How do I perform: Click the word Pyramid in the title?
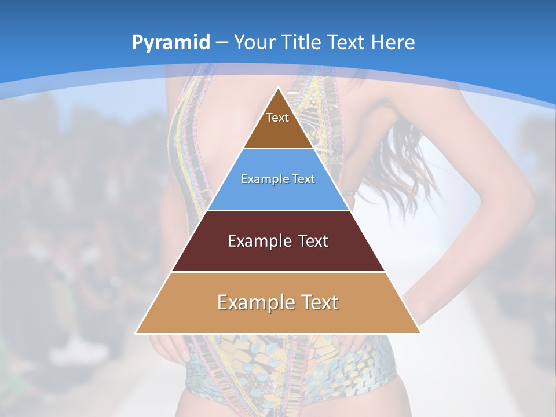171,43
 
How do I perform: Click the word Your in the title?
254,43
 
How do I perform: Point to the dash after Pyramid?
222,43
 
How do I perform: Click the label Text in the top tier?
277,118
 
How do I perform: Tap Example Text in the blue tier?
278,179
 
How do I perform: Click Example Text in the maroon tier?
278,241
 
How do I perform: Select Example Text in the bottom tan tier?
278,302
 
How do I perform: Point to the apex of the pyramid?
278,88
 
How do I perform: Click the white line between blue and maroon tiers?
278,210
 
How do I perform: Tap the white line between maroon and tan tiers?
278,272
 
